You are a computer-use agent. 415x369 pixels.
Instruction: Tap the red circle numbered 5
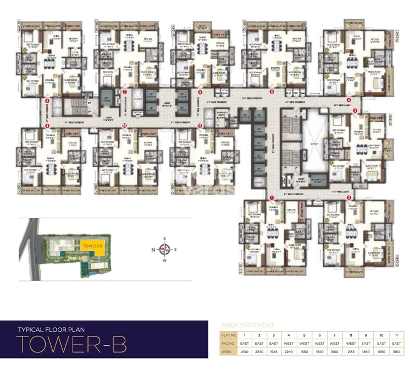[272, 92]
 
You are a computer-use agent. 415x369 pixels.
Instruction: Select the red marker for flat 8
[47, 101]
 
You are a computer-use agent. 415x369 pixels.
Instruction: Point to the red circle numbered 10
[125, 125]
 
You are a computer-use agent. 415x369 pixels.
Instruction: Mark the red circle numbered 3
[355, 111]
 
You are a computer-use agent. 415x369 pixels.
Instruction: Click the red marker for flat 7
[125, 92]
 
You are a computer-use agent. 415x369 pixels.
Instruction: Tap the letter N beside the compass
[153, 250]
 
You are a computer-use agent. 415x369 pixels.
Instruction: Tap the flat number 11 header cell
[394, 334]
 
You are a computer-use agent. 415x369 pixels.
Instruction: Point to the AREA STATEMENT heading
[247, 325]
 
